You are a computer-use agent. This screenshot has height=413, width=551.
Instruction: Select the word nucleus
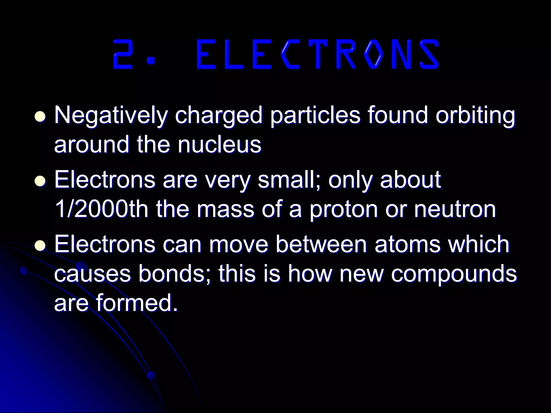[x=219, y=145]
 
